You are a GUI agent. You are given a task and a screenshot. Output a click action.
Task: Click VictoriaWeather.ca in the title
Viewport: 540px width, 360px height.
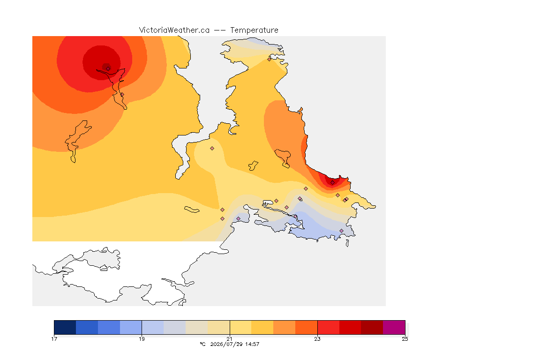pyautogui.click(x=174, y=30)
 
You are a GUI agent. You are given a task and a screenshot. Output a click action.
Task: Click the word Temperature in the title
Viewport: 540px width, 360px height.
pyautogui.click(x=254, y=30)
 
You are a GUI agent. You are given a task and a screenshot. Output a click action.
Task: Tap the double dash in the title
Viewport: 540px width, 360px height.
pyautogui.click(x=220, y=30)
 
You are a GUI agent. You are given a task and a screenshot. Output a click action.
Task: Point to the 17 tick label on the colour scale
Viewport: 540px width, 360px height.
pyautogui.click(x=54, y=339)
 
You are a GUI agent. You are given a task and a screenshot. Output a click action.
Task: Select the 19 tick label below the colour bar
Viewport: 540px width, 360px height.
pyautogui.click(x=142, y=339)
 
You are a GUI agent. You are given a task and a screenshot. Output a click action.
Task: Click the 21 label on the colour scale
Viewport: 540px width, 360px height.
pyautogui.click(x=229, y=339)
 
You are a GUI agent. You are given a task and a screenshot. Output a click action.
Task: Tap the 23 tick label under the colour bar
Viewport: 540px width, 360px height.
pyautogui.click(x=317, y=339)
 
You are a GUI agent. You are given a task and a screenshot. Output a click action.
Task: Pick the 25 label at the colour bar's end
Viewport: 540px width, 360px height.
pyautogui.click(x=405, y=339)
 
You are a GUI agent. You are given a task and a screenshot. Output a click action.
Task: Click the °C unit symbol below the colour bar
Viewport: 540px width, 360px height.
pyautogui.click(x=203, y=344)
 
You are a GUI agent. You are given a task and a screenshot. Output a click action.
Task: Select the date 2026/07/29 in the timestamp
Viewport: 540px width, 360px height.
pyautogui.click(x=225, y=344)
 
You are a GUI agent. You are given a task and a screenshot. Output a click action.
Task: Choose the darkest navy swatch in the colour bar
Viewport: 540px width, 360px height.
pyautogui.click(x=65, y=327)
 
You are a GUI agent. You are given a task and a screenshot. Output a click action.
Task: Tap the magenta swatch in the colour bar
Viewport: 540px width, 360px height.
pyautogui.click(x=394, y=327)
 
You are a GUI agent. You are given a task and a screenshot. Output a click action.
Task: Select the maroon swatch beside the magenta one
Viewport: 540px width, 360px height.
pyautogui.click(x=372, y=327)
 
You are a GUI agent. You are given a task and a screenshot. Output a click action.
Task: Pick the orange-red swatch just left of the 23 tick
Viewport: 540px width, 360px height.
pyautogui.click(x=306, y=327)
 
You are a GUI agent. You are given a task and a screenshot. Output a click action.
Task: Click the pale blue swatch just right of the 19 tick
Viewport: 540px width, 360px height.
pyautogui.click(x=153, y=327)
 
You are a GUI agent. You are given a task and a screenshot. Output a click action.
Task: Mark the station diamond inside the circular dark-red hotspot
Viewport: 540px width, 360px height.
pyautogui.click(x=108, y=68)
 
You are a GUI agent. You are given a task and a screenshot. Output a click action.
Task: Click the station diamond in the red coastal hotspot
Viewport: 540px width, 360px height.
pyautogui.click(x=332, y=183)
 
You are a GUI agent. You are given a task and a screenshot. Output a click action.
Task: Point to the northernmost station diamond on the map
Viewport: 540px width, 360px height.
pyautogui.click(x=270, y=59)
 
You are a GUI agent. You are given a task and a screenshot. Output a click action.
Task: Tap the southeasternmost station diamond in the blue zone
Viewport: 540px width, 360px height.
pyautogui.click(x=341, y=231)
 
